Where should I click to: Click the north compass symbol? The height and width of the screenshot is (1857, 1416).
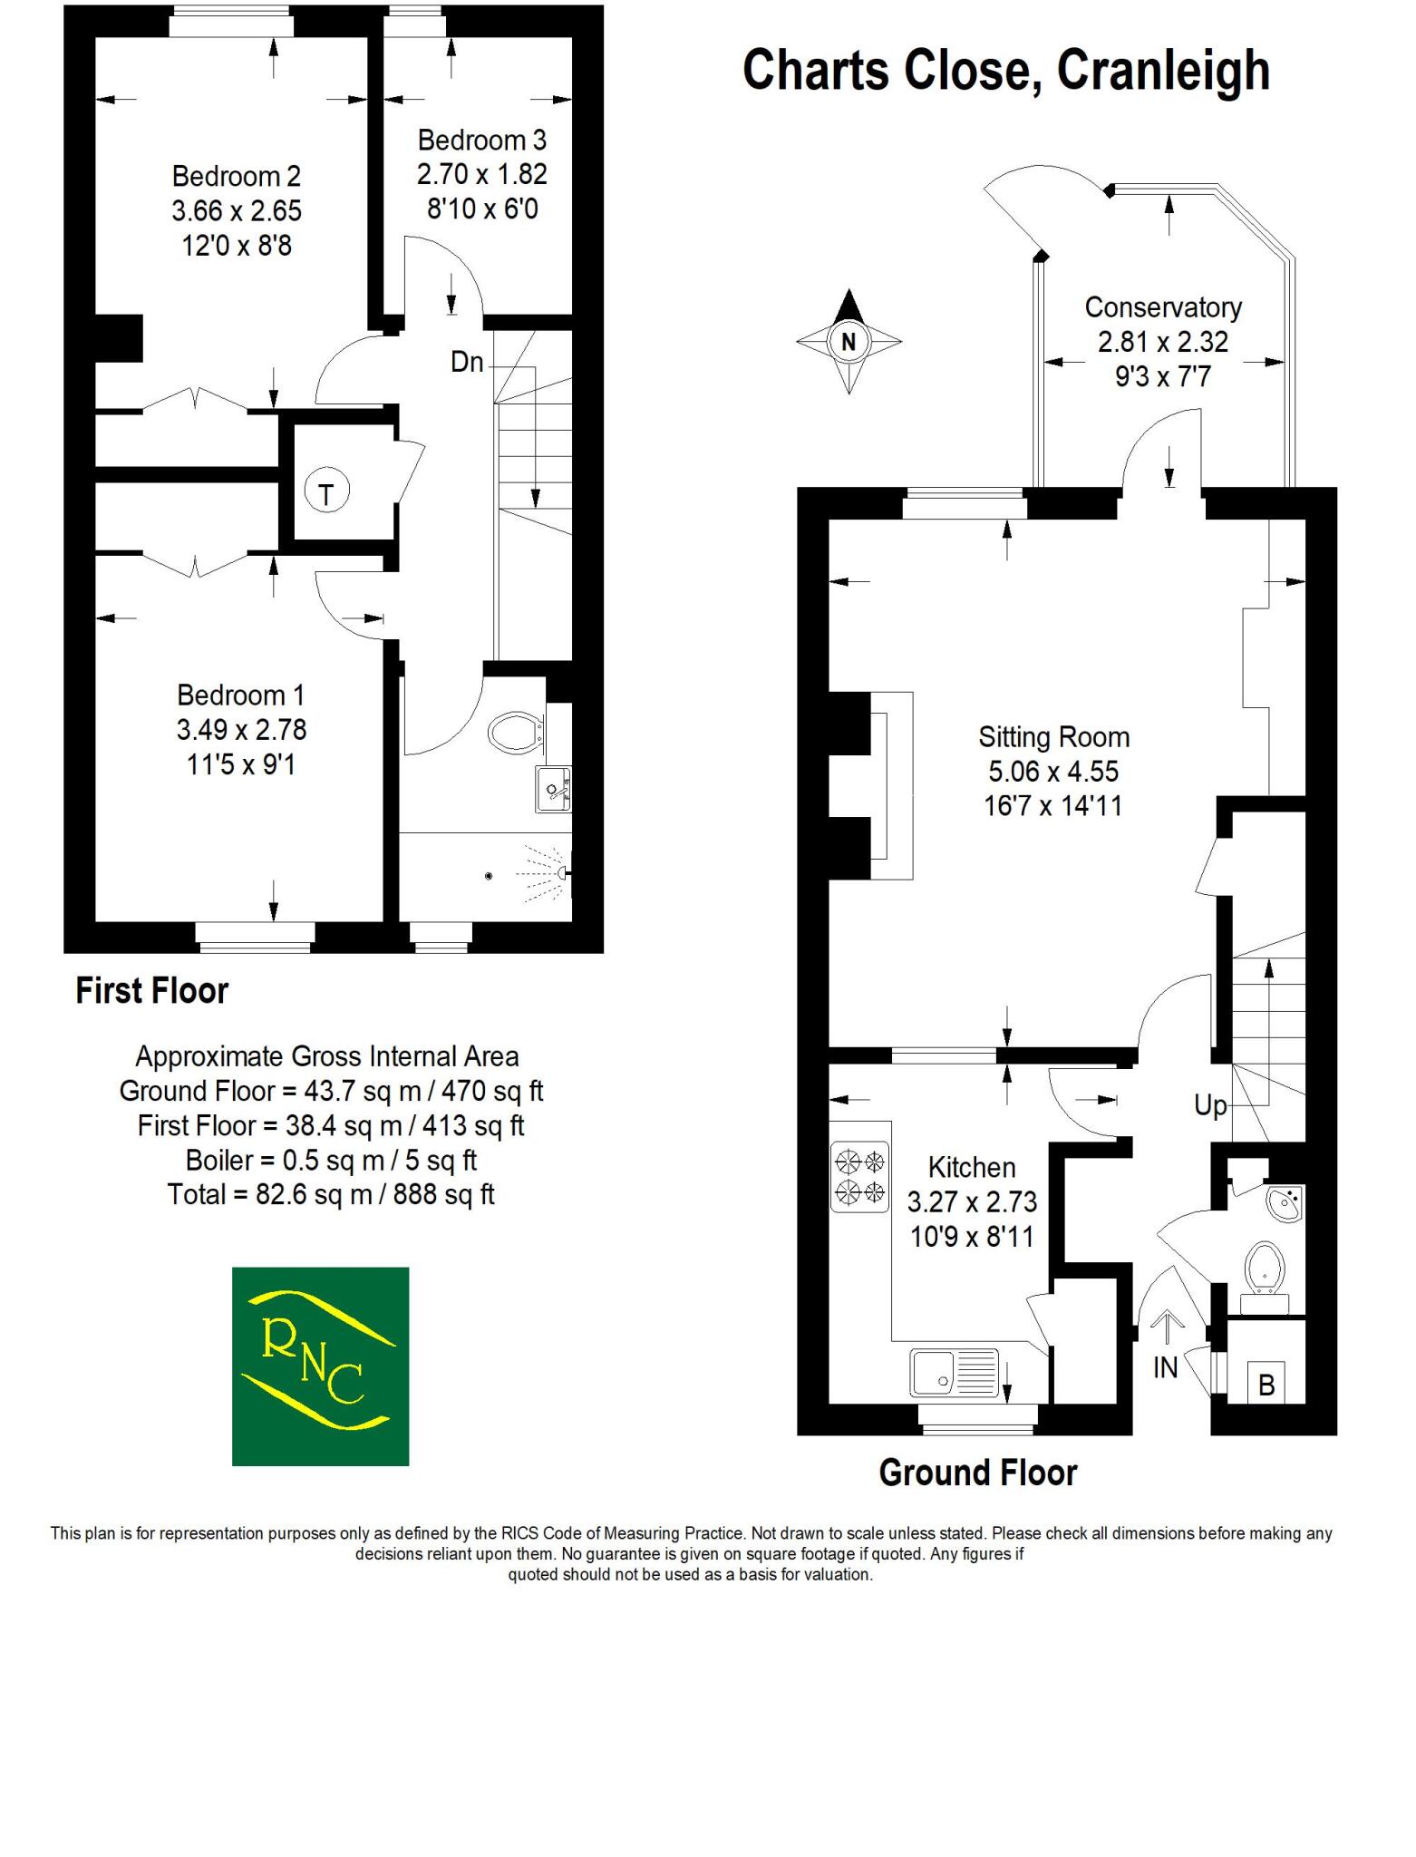(849, 342)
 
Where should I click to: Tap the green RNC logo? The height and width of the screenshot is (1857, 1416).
(320, 1366)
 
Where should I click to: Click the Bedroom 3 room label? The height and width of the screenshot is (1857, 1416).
(481, 141)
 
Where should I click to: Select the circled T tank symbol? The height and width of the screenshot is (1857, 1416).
(326, 493)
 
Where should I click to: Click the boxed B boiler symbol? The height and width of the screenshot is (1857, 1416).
(1266, 1384)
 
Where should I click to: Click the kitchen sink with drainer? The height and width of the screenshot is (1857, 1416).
(955, 1372)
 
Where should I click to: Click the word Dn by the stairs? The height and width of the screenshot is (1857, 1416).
(467, 363)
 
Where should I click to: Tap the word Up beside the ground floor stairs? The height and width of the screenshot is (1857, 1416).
(1210, 1106)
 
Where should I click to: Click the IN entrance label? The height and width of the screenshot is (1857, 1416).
(1165, 1367)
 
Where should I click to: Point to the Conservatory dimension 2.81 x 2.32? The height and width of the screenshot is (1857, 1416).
(1163, 342)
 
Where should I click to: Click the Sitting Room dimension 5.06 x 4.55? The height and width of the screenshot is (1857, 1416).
(1053, 772)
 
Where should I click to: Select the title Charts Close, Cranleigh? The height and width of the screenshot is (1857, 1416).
(1005, 71)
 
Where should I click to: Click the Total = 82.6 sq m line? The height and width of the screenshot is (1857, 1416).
(331, 1195)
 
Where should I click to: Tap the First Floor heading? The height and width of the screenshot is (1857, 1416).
(151, 991)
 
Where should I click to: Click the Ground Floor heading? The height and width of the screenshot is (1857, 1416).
(977, 1473)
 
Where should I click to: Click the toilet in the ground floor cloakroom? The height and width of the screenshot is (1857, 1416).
(1265, 1266)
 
